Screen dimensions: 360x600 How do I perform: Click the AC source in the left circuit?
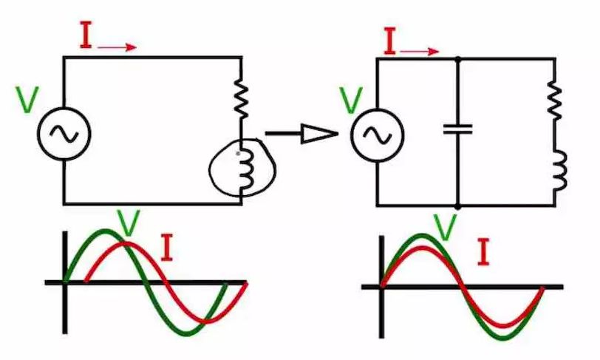click(x=64, y=133)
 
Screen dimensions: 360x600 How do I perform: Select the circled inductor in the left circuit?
click(x=242, y=169)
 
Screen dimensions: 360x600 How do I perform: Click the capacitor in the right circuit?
click(x=458, y=129)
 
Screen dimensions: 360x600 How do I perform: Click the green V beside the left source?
click(x=27, y=100)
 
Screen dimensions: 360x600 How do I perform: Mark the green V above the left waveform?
click(x=129, y=223)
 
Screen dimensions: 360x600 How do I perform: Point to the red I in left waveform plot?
click(x=167, y=249)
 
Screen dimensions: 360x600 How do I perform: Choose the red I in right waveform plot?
click(x=484, y=252)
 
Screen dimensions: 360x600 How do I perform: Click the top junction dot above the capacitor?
click(x=458, y=58)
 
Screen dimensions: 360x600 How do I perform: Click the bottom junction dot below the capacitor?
click(x=458, y=206)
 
